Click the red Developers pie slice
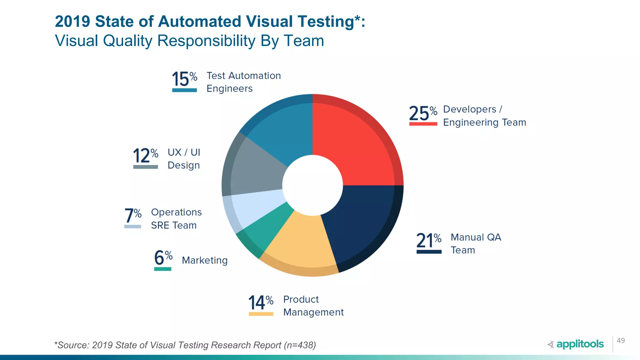coord(356,141)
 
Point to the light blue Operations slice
coord(253,209)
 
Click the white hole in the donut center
coord(312,185)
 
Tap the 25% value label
coord(422,113)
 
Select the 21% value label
coord(428,241)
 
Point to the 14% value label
coord(261,302)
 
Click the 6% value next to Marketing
coord(163,257)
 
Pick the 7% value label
coord(132,215)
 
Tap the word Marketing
coord(205,260)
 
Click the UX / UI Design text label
coord(184,159)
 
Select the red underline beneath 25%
coord(423,124)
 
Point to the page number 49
coord(621,341)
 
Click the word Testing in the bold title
coord(326,22)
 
